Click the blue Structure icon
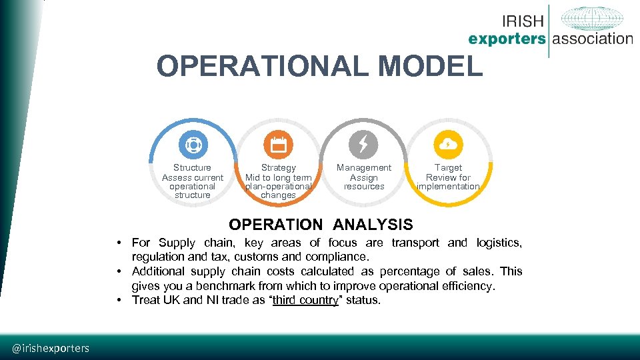[x=192, y=145]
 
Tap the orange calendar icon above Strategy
[x=278, y=145]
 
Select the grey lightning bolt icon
[x=363, y=145]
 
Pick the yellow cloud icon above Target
[x=448, y=145]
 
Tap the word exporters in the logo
[x=507, y=39]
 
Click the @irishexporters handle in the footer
[x=51, y=348]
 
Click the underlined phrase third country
[x=305, y=300]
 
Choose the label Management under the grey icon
[x=364, y=168]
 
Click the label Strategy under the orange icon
[x=278, y=168]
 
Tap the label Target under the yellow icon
[x=448, y=168]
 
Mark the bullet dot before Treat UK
[x=117, y=300]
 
